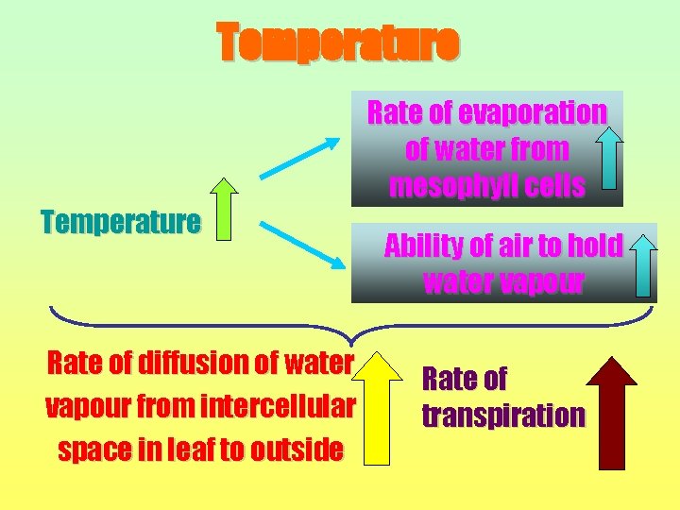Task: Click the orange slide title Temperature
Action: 338,42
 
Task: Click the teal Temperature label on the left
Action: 121,223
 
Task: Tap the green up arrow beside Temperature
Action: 224,209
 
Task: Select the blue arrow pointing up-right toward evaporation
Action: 299,158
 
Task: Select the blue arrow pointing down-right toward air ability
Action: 299,243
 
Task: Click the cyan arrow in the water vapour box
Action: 643,264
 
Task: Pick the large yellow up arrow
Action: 377,408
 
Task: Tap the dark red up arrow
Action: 611,413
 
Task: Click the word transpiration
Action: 503,416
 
